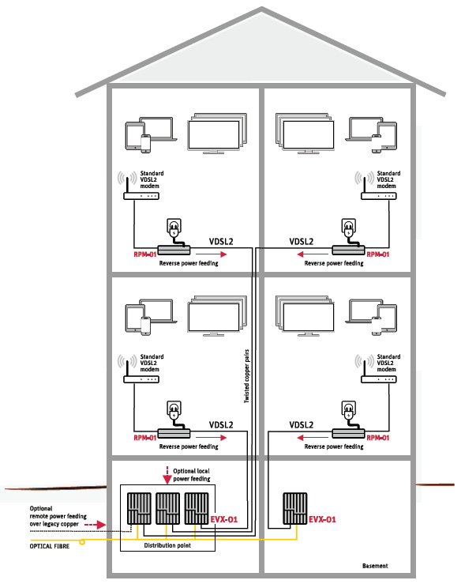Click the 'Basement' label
[x=375, y=566]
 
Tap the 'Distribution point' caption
[x=167, y=545]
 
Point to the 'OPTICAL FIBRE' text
[x=50, y=546]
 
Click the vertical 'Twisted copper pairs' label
[x=246, y=376]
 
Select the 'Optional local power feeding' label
[x=192, y=475]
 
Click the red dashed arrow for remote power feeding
[x=96, y=525]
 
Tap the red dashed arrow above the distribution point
[x=167, y=475]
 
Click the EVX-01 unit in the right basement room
[x=295, y=508]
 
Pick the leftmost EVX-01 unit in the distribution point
[x=139, y=508]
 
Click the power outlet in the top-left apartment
[x=174, y=228]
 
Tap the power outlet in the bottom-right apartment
[x=349, y=410]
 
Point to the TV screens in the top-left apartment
[x=217, y=134]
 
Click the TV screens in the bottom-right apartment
[x=305, y=316]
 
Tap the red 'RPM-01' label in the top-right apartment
[x=377, y=254]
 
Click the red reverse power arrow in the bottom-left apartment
[x=211, y=437]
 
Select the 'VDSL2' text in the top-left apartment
[x=221, y=242]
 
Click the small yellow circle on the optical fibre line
[x=82, y=542]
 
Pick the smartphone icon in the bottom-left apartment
[x=145, y=326]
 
